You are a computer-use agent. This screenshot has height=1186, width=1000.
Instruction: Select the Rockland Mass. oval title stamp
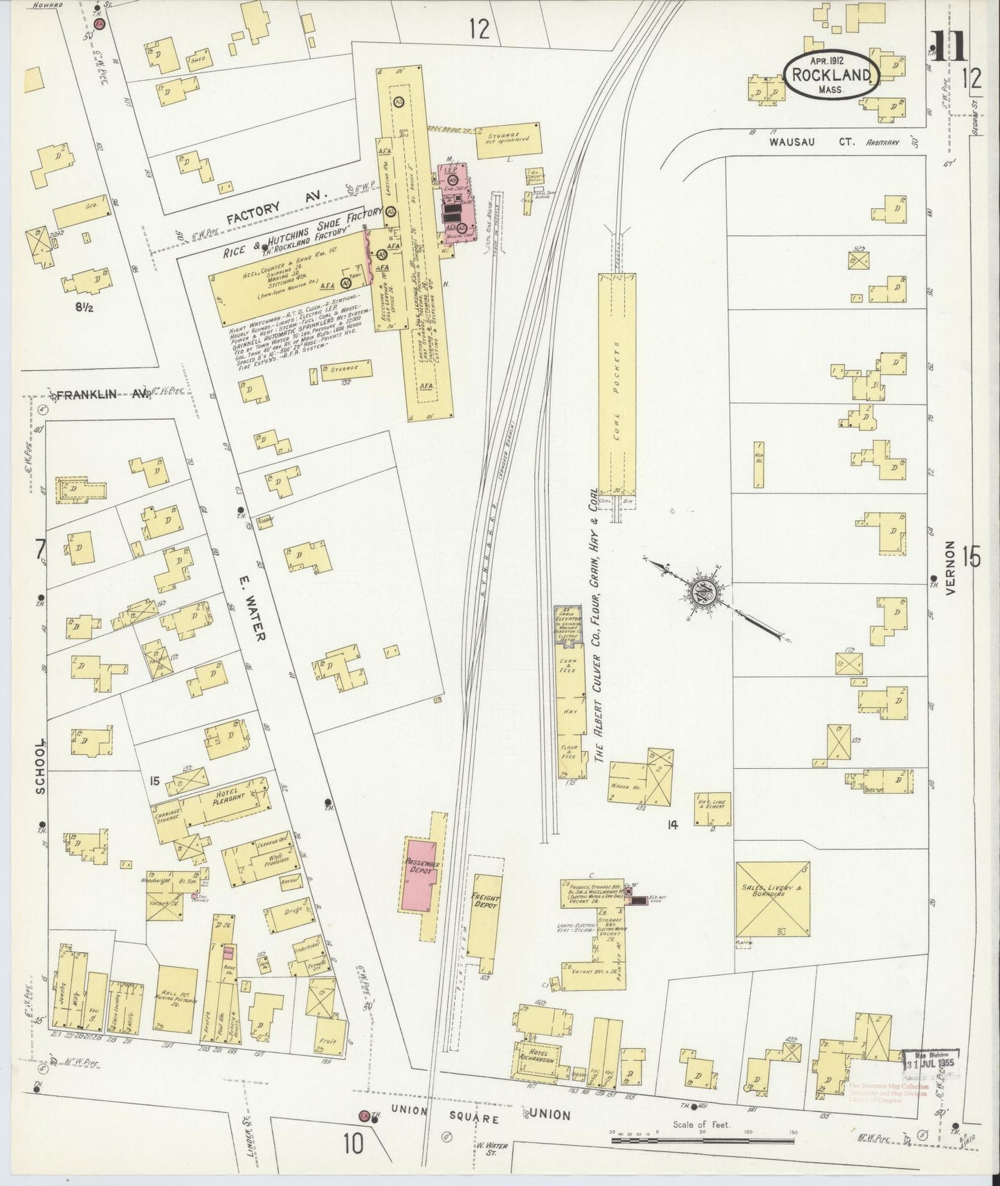(x=832, y=75)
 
